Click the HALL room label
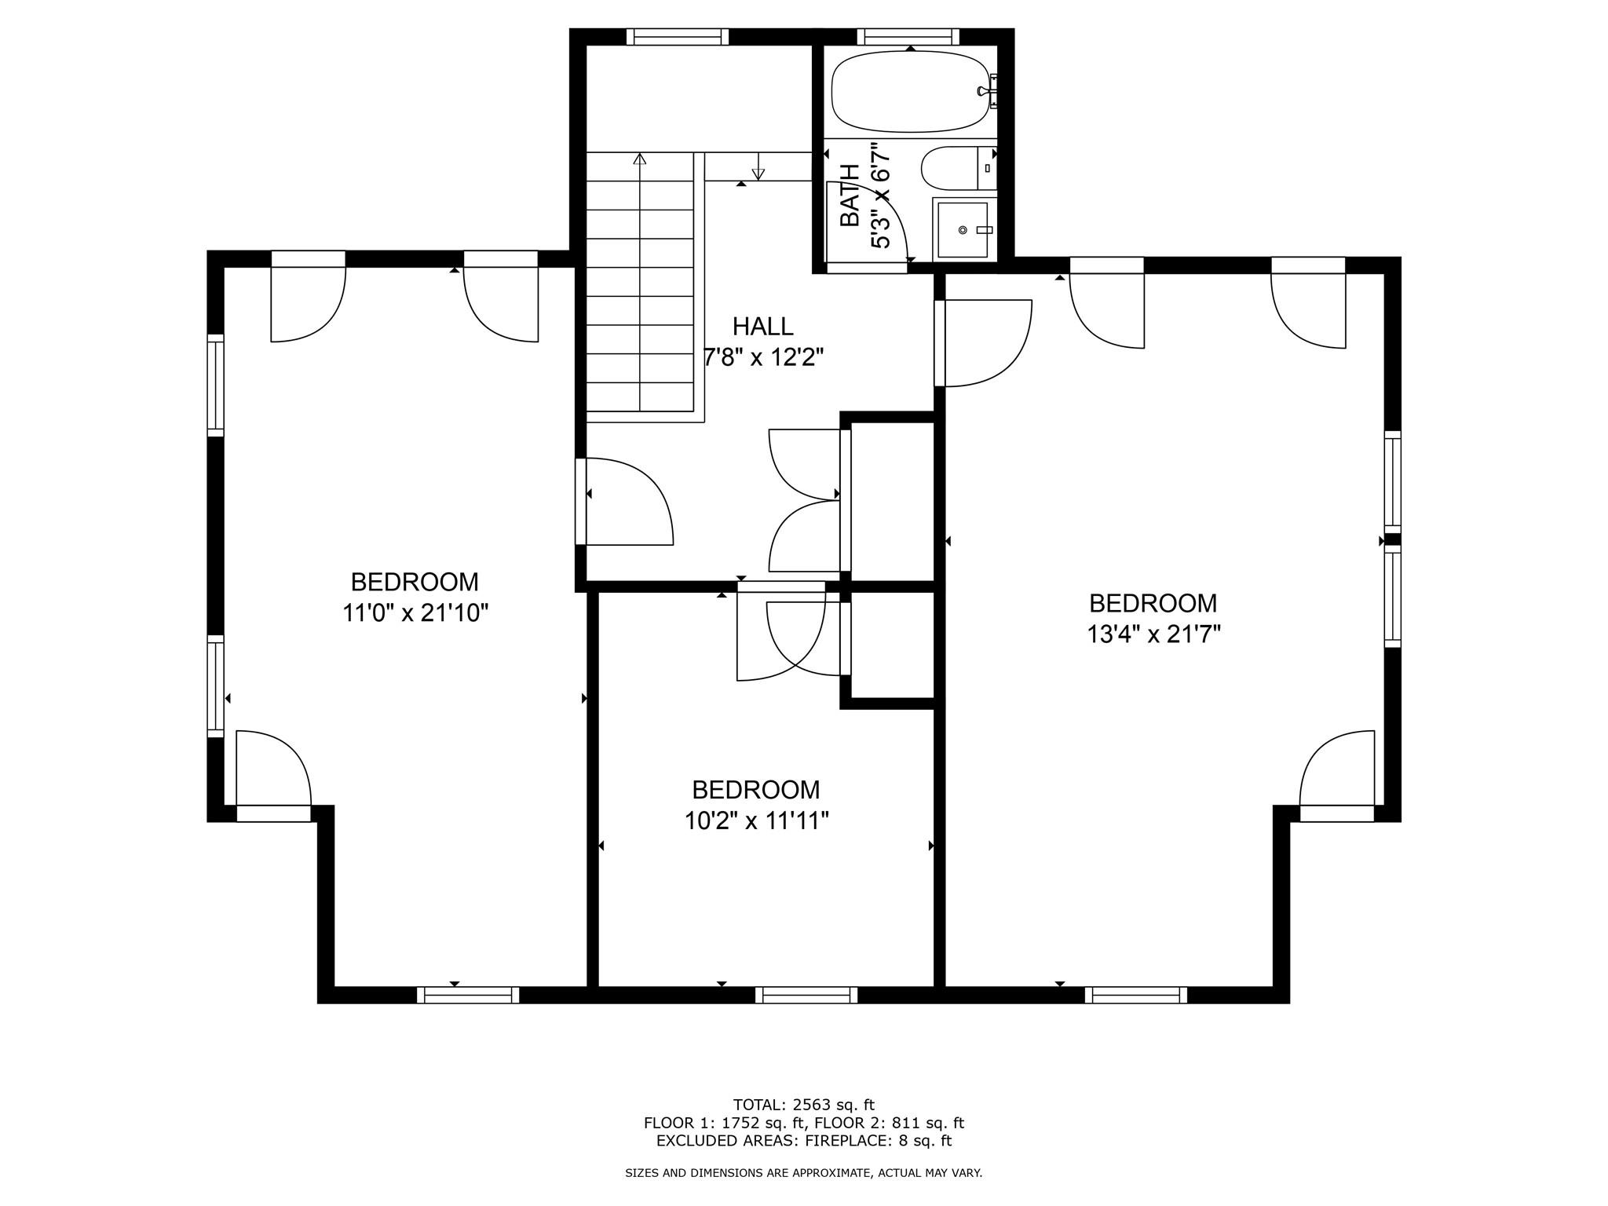[x=762, y=326]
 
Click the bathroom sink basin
[x=962, y=229]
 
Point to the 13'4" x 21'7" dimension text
[x=1153, y=634]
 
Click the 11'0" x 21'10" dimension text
[x=415, y=613]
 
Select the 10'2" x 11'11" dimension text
[x=756, y=821]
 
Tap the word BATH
[x=850, y=196]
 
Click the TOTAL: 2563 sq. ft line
[x=803, y=1105]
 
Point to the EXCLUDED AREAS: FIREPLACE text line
[x=803, y=1141]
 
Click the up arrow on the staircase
[x=640, y=159]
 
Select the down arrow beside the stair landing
[x=758, y=173]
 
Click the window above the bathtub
[x=908, y=36]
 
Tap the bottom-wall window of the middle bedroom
[x=806, y=996]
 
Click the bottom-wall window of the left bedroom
[x=468, y=996]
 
